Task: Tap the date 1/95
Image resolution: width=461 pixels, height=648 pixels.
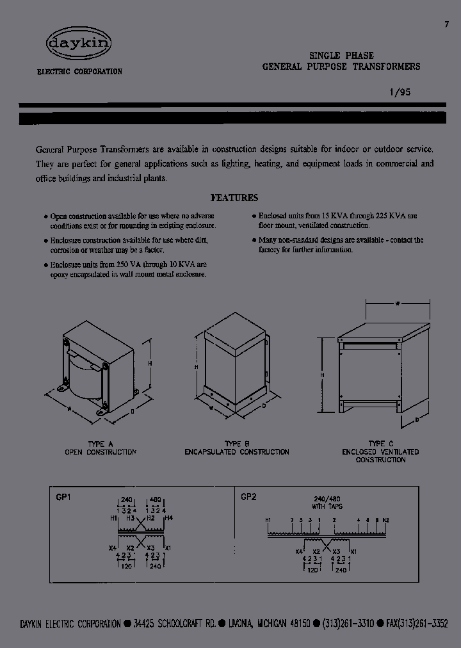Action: click(399, 92)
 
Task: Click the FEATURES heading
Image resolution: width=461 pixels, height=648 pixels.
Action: click(234, 198)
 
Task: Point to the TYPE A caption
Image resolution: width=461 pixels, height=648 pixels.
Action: click(100, 444)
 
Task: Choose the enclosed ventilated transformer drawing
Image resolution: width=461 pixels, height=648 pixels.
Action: click(381, 368)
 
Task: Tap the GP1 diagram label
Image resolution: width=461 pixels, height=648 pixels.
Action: click(62, 496)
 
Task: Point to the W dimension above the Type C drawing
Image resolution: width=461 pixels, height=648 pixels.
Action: click(396, 305)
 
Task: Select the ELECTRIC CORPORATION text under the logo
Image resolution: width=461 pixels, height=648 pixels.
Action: click(79, 72)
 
